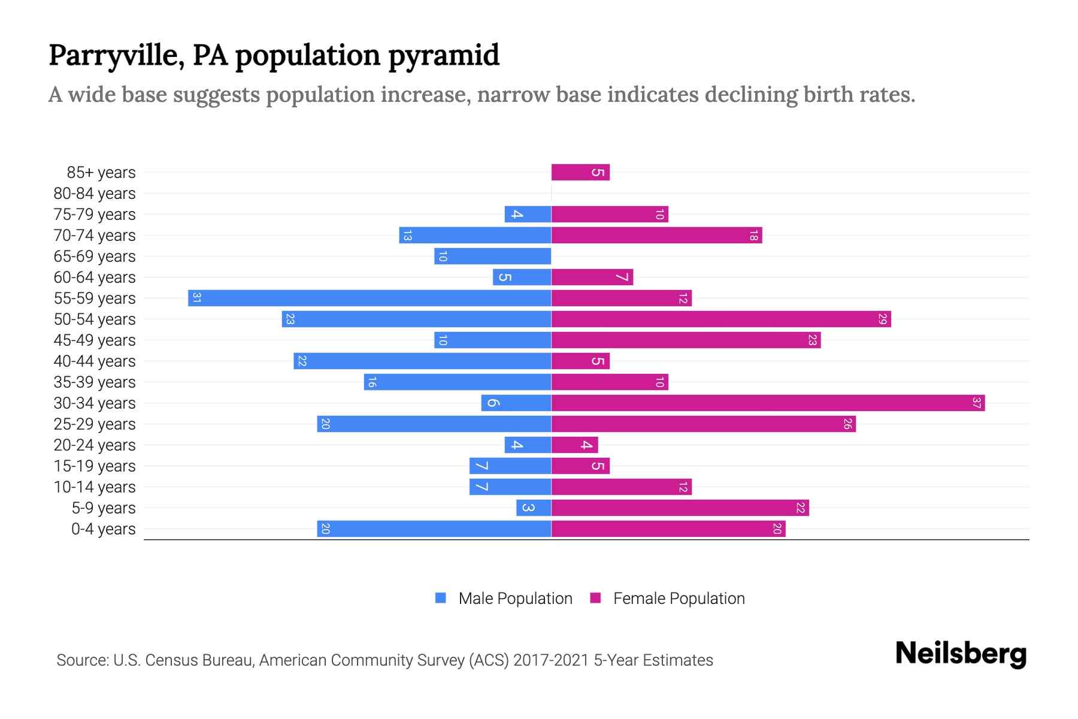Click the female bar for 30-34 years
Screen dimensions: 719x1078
pyautogui.click(x=768, y=403)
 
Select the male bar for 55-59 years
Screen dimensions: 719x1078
pyautogui.click(x=370, y=298)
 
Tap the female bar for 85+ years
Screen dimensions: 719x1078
pyautogui.click(x=580, y=172)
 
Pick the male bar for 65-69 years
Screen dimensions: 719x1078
pyautogui.click(x=492, y=256)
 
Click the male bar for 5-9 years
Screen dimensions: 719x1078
pyautogui.click(x=534, y=507)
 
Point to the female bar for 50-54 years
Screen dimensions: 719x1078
pyautogui.click(x=721, y=319)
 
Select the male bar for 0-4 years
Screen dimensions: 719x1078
pyautogui.click(x=434, y=528)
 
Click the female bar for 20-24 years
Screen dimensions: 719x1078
pyautogui.click(x=574, y=445)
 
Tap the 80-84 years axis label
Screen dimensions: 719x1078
pyautogui.click(x=95, y=194)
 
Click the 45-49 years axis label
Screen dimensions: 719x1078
pyautogui.click(x=95, y=340)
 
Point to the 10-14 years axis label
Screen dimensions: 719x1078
pyautogui.click(x=95, y=487)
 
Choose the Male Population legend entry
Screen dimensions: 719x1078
pyautogui.click(x=515, y=598)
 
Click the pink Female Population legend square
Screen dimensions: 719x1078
pyautogui.click(x=595, y=598)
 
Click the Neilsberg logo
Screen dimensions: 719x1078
pyautogui.click(x=961, y=654)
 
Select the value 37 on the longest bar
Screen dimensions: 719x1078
pyautogui.click(x=976, y=403)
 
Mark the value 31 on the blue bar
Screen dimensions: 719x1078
pyautogui.click(x=196, y=298)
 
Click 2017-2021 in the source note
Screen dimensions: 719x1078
pyautogui.click(x=551, y=660)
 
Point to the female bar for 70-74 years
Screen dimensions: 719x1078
pyautogui.click(x=656, y=235)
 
